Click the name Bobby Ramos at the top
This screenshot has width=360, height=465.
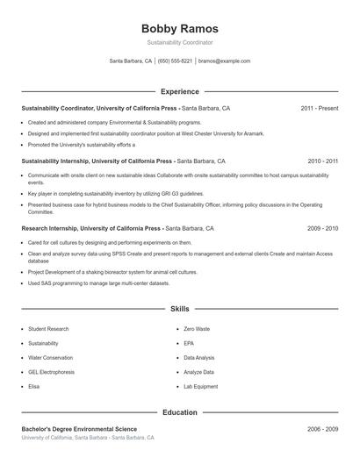click(179, 28)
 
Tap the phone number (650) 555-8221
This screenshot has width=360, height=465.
click(175, 61)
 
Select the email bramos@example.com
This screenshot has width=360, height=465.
click(225, 61)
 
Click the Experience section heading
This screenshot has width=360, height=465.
click(179, 91)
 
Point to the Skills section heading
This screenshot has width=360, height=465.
click(179, 309)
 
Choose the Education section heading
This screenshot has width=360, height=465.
click(179, 411)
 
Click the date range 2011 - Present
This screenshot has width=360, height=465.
click(319, 108)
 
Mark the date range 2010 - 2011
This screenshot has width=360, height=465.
click(322, 161)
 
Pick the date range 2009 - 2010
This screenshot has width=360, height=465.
click(322, 228)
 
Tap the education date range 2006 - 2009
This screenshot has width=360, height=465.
click(322, 429)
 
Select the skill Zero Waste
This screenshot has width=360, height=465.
click(197, 329)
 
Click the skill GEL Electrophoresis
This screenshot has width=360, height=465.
click(51, 372)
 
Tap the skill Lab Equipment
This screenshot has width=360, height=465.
click(200, 386)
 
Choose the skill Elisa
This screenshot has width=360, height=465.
click(33, 386)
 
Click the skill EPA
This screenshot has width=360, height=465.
click(189, 343)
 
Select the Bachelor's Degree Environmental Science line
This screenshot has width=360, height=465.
click(79, 429)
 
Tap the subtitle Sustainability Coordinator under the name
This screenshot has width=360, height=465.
click(179, 42)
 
